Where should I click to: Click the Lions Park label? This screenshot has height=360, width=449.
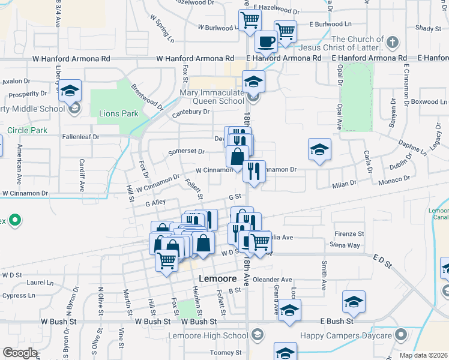118,113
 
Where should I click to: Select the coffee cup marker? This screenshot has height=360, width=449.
266,42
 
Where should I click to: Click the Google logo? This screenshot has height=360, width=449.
20,353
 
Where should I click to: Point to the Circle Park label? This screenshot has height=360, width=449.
26,130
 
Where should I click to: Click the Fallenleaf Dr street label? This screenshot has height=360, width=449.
80,137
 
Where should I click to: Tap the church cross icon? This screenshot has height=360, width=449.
392,43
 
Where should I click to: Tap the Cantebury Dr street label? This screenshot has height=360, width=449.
191,112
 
